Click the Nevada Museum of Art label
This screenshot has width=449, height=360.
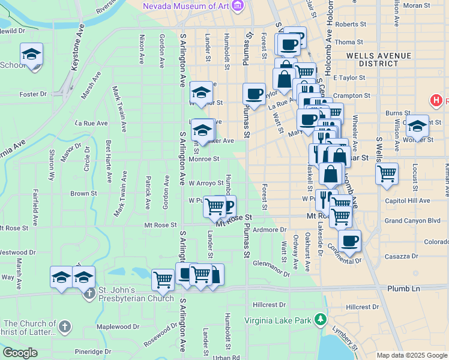[x=186, y=6]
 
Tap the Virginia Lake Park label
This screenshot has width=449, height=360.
[x=278, y=320]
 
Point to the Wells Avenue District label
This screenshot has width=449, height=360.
[x=379, y=60]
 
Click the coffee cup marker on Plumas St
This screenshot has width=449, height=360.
[x=254, y=94]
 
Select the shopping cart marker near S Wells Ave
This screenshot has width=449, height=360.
[x=387, y=173]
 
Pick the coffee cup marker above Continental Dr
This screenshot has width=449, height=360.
[x=349, y=241]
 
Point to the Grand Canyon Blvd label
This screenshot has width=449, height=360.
[x=415, y=221]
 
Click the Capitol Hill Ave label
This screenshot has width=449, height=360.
[x=408, y=200]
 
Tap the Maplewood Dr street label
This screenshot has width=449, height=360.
[x=118, y=327]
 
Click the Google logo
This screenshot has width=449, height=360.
[x=20, y=352]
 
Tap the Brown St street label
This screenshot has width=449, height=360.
[x=83, y=194]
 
